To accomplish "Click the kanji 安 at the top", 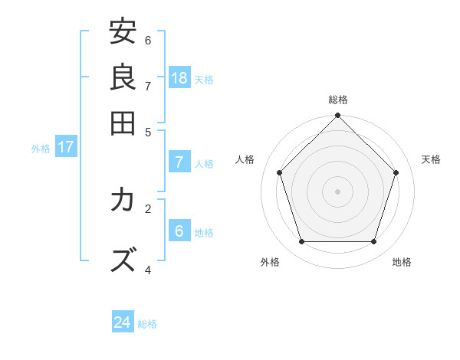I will [x=123, y=32].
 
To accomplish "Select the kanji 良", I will [x=123, y=77].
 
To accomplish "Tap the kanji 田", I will [x=123, y=123].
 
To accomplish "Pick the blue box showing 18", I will [x=179, y=78].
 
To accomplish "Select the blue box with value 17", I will [x=65, y=147].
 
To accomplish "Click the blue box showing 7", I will [x=179, y=162].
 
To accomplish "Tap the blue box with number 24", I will [x=123, y=322].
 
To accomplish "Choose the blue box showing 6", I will [x=179, y=231].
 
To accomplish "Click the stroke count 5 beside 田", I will [x=148, y=131].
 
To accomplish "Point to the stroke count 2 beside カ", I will [x=148, y=208].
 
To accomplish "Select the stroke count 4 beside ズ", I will [x=148, y=269].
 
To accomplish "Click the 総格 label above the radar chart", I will [x=338, y=100].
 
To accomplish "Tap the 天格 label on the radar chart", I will [x=431, y=159].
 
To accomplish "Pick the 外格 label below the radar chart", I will [x=270, y=262].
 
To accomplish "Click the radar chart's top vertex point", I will [x=338, y=116].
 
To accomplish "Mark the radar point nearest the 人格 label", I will [x=280, y=172].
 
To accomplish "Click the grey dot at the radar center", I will [x=338, y=191].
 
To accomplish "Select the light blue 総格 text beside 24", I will [x=147, y=324].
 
